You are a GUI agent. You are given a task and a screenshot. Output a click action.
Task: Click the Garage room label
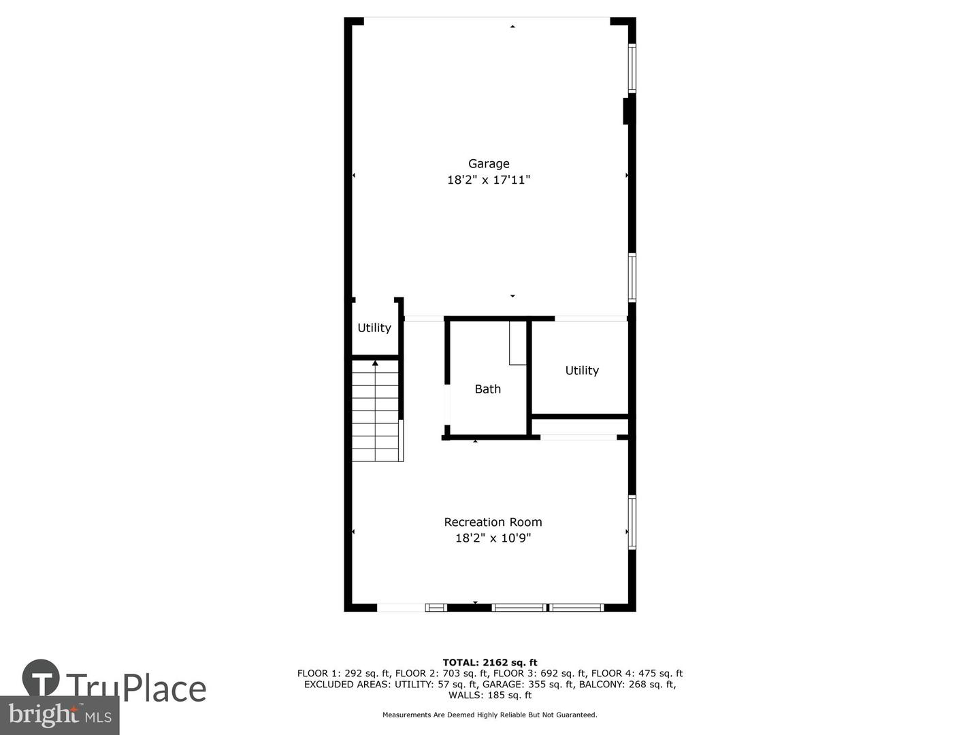click(489, 163)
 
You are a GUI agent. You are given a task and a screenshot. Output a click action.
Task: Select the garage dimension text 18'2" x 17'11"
click(489, 180)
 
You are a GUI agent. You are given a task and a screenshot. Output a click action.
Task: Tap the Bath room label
click(487, 389)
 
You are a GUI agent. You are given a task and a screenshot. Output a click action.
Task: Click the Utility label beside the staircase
click(374, 328)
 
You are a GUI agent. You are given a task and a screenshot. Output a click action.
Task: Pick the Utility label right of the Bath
click(582, 371)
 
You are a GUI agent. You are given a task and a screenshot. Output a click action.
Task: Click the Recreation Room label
click(493, 522)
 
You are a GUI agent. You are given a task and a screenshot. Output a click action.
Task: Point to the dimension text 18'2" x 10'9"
click(493, 538)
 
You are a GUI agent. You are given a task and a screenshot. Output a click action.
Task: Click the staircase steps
click(375, 415)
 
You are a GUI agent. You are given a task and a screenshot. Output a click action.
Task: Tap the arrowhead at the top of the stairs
click(375, 363)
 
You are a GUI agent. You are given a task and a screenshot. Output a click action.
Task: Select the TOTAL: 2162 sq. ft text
click(490, 662)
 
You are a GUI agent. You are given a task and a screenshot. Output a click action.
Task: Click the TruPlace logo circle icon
click(41, 678)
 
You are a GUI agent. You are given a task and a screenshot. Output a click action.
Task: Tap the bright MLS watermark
click(60, 715)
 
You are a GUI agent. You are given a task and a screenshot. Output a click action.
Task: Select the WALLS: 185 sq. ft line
click(490, 696)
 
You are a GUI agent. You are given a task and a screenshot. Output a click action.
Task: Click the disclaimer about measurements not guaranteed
click(490, 715)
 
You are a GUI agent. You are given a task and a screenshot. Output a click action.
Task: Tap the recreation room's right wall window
click(632, 522)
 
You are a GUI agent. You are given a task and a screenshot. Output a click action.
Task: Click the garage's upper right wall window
click(632, 68)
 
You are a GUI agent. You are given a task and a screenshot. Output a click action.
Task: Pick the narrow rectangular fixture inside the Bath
click(518, 343)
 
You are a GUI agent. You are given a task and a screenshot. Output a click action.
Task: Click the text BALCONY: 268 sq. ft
click(627, 685)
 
